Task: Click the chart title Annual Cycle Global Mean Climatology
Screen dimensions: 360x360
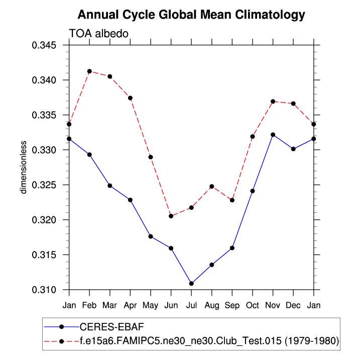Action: coord(191,15)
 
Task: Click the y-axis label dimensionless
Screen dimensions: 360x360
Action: coord(23,167)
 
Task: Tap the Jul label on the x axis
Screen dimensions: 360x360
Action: coord(191,305)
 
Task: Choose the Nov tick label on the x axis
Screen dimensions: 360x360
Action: coord(273,305)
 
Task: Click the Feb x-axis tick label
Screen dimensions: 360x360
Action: coord(89,305)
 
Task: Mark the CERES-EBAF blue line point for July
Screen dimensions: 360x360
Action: coord(191,284)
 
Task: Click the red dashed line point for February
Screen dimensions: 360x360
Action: coord(89,71)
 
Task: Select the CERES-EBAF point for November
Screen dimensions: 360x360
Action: coord(273,135)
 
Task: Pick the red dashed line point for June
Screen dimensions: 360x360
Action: coord(171,216)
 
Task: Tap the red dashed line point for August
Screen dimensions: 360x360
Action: coord(211,186)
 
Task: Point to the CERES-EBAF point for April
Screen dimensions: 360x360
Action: coord(130,200)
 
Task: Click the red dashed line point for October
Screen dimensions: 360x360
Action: coord(252,137)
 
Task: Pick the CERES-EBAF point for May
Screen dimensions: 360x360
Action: coord(151,236)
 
